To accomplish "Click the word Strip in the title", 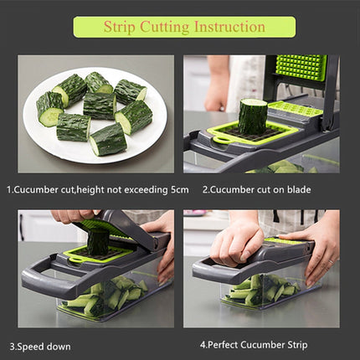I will coord(121,27).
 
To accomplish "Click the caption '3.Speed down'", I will coord(40,346).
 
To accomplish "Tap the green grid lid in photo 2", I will coord(300,68).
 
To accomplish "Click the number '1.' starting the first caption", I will coord(10,190).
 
